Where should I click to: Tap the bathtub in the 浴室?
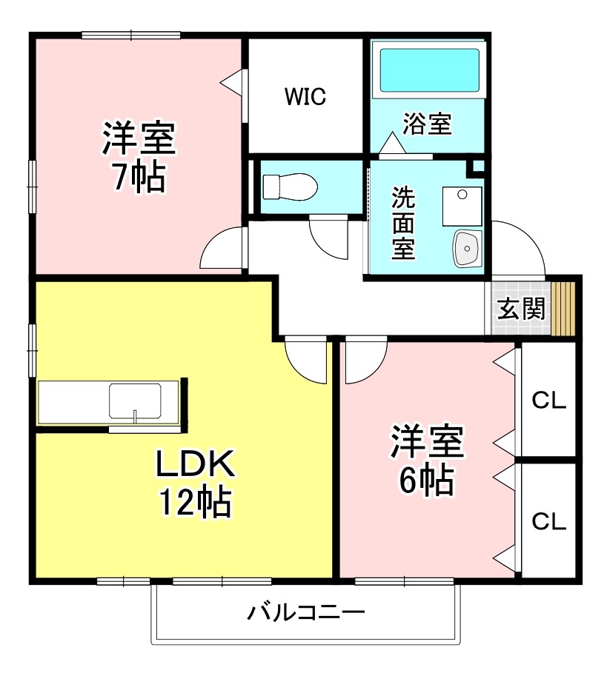tap(429, 70)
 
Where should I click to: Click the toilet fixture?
tap(289, 186)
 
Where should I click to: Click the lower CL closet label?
tap(548, 520)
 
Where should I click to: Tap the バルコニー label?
tap(306, 613)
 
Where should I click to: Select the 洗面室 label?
tap(403, 223)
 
